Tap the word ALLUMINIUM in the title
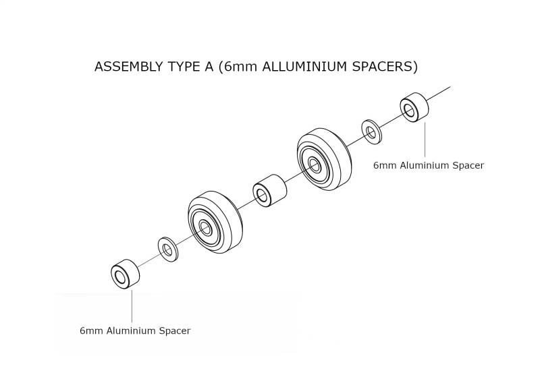(x=304, y=67)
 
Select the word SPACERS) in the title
(x=385, y=67)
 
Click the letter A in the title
(x=209, y=67)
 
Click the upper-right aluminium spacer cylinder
(x=414, y=107)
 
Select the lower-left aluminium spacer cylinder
(x=126, y=274)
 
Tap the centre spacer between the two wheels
(x=269, y=191)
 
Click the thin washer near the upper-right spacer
(x=371, y=131)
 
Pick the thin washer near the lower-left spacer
(x=167, y=250)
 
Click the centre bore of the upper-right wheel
(x=314, y=164)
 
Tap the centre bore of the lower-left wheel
(x=206, y=229)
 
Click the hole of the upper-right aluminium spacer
(x=410, y=111)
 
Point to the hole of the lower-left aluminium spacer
(x=120, y=277)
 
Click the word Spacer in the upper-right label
(x=468, y=165)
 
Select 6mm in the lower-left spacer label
(x=91, y=330)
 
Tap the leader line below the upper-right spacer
(x=425, y=140)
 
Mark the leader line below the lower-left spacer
(x=132, y=306)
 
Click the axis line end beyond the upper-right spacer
(x=450, y=87)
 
